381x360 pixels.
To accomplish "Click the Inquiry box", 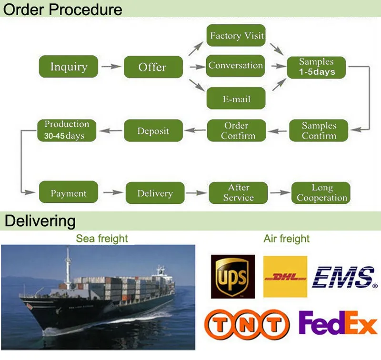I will click(69, 67).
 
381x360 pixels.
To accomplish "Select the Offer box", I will click(153, 67).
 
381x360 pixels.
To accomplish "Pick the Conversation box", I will click(236, 66).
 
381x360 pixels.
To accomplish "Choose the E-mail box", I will click(236, 99).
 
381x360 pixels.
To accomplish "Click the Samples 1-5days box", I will click(317, 67).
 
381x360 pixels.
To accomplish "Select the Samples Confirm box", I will click(319, 130).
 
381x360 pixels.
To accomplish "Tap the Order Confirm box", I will click(236, 130).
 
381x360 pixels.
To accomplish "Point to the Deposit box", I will click(153, 130).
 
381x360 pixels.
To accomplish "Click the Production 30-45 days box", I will click(67, 130).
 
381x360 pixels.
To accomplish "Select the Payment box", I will click(69, 193).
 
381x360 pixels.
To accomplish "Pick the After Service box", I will click(238, 193).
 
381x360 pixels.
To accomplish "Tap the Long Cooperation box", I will click(321, 193).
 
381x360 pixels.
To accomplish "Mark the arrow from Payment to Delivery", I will click(112, 193).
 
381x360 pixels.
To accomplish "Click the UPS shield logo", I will click(233, 277).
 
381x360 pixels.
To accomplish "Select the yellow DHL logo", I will click(285, 277).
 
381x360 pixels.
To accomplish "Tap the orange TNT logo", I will click(247, 326).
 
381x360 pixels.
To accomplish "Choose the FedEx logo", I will click(338, 324).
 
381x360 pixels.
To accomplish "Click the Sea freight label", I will click(102, 239).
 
